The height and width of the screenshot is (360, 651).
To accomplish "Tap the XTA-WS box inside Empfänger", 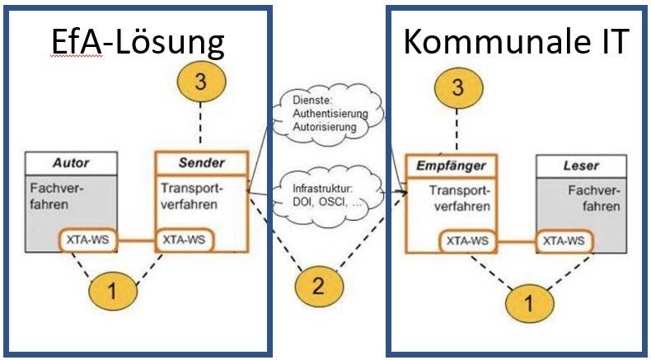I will point(466,241).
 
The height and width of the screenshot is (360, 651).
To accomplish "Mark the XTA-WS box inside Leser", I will point(565,241).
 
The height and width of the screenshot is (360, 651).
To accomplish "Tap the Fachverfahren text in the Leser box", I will point(588,198).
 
